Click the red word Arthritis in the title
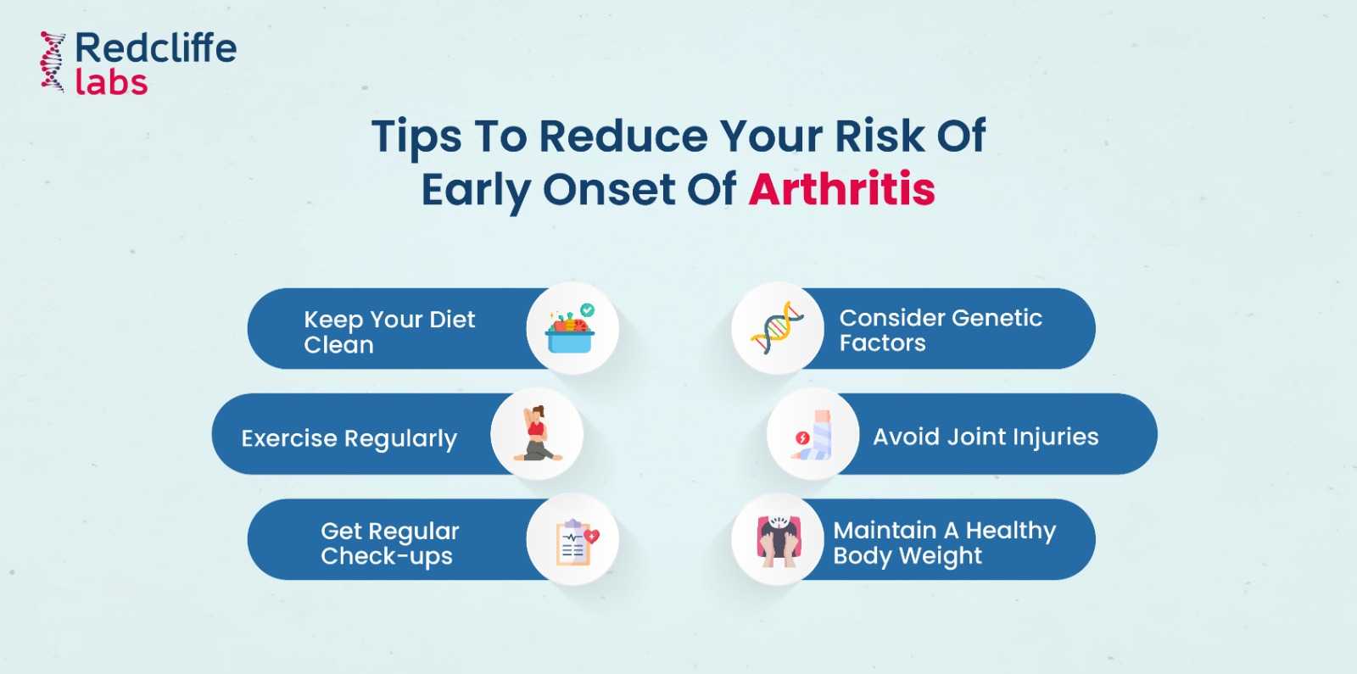(841, 188)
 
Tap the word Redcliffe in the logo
(155, 48)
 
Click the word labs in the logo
(111, 82)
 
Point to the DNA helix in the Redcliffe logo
(53, 62)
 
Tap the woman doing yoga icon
(536, 433)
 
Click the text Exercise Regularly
(349, 438)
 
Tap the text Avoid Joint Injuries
(986, 437)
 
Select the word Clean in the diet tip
(338, 345)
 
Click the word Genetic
(995, 318)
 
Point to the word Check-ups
(386, 556)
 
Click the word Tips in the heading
(416, 136)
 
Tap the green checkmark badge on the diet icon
(587, 310)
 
